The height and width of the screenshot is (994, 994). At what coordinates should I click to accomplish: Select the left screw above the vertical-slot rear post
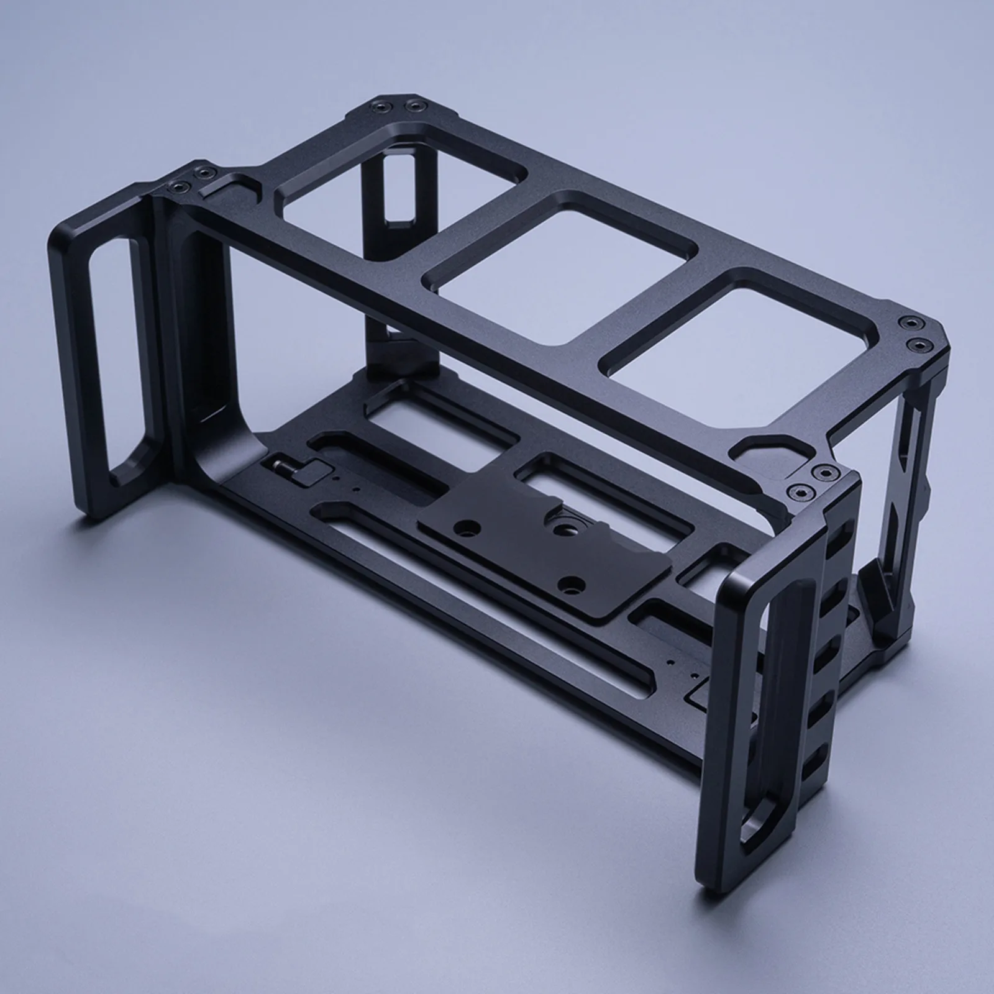(377, 107)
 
